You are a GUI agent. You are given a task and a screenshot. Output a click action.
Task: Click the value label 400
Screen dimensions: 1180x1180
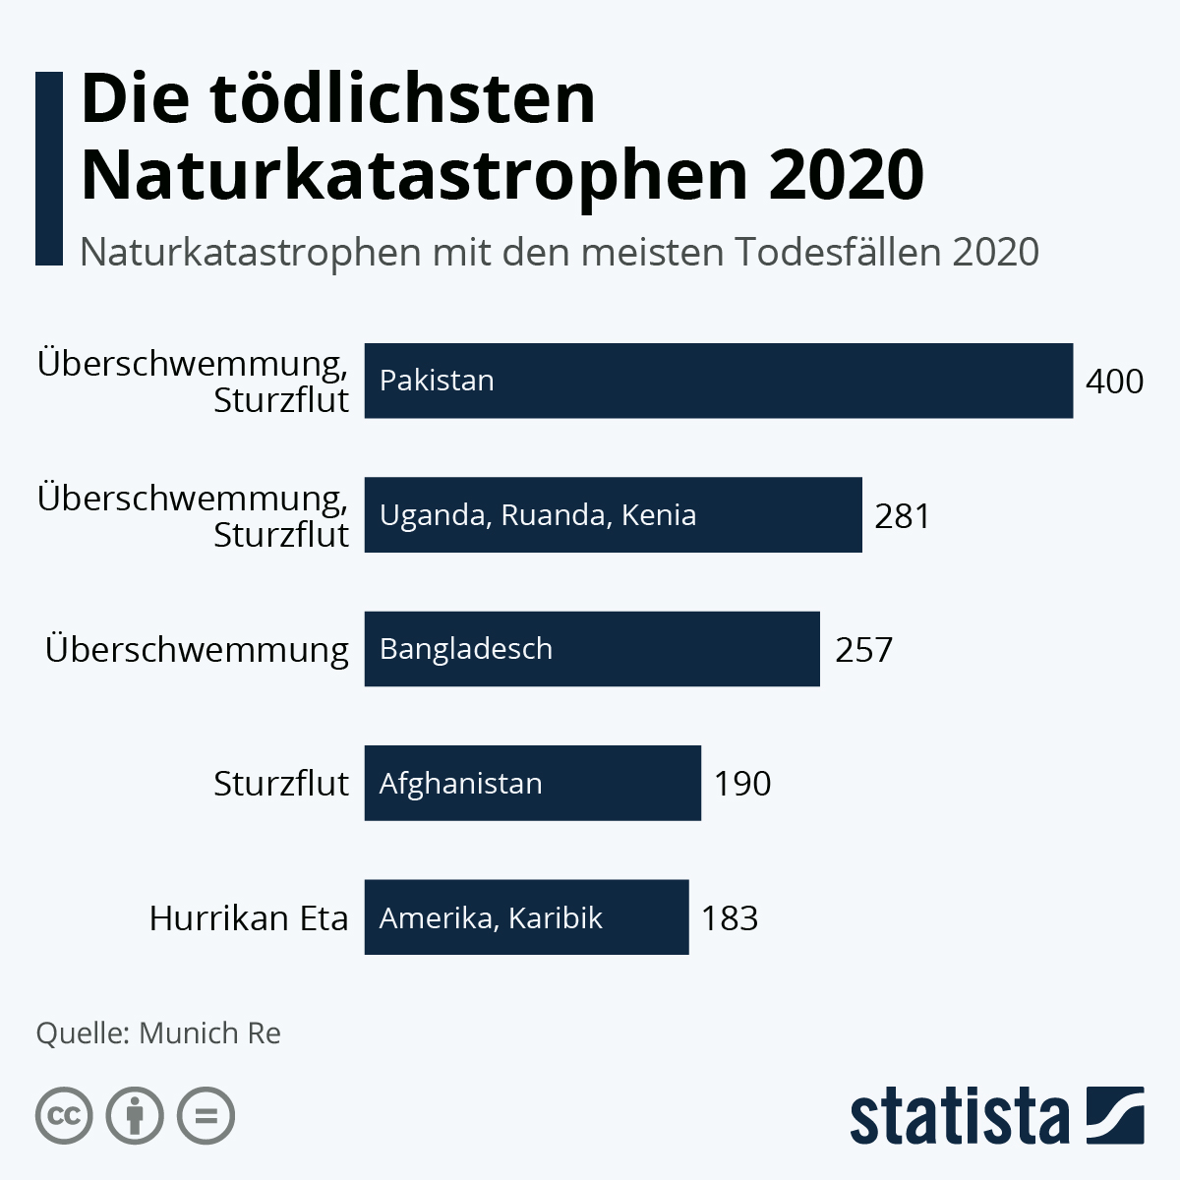pyautogui.click(x=1114, y=381)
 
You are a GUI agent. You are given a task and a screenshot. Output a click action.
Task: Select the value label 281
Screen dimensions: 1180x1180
pyautogui.click(x=902, y=515)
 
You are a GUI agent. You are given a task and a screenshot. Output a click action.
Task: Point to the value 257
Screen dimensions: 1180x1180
pyautogui.click(x=863, y=649)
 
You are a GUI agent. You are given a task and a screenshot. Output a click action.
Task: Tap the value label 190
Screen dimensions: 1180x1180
pyautogui.click(x=742, y=784)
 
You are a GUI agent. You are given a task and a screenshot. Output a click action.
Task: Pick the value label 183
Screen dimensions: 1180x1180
pyautogui.click(x=730, y=918)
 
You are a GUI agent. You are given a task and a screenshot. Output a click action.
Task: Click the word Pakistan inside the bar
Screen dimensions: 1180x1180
pyautogui.click(x=437, y=381)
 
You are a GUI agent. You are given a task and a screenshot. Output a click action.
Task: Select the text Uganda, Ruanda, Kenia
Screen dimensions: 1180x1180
pyautogui.click(x=538, y=515)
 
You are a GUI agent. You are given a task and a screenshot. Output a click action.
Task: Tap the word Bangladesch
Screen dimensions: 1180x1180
pyautogui.click(x=466, y=649)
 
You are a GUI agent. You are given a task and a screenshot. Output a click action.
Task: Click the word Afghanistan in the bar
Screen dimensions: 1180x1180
pyautogui.click(x=461, y=784)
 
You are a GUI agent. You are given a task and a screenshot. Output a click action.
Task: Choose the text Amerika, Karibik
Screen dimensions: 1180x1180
pyautogui.click(x=491, y=918)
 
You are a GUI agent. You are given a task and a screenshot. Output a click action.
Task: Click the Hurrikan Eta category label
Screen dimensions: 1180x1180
pyautogui.click(x=249, y=918)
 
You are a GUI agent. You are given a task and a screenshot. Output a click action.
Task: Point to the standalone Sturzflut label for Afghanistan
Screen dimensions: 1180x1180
pyautogui.click(x=281, y=784)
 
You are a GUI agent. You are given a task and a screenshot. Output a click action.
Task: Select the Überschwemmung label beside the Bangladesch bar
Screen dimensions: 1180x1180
pyautogui.click(x=197, y=650)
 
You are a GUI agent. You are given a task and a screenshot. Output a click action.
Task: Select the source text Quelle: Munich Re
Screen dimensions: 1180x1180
pyautogui.click(x=158, y=1032)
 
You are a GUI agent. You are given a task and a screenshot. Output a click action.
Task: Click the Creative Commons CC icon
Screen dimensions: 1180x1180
pyautogui.click(x=64, y=1116)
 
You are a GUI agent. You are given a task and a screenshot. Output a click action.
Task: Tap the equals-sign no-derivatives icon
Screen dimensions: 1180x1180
pyautogui.click(x=206, y=1116)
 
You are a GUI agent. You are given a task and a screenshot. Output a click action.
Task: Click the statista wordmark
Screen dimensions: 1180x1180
pyautogui.click(x=959, y=1116)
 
